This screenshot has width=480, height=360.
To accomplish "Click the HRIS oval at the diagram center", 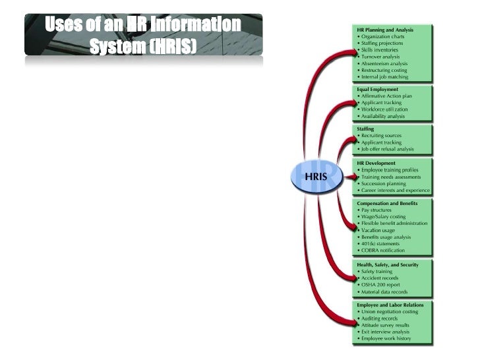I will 318,177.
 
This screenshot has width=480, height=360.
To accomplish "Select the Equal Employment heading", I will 378,88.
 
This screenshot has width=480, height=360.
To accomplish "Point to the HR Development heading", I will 376,163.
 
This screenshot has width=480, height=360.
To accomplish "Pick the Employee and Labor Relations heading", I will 390,305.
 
